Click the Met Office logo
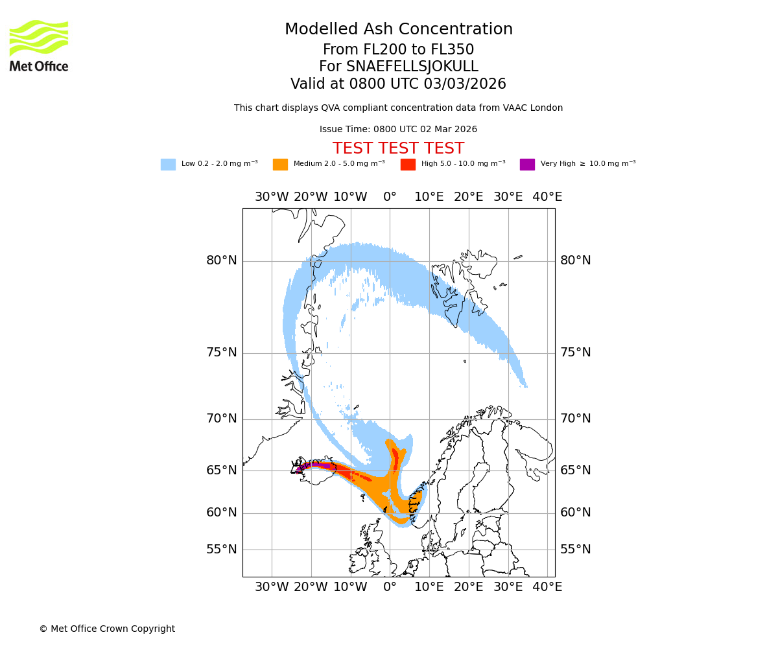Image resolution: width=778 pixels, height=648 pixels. coord(39,45)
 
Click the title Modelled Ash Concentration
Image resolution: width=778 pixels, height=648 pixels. coord(399,30)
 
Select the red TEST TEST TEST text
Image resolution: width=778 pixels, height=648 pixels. coord(398,148)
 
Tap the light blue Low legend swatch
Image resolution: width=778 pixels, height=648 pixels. coord(168,165)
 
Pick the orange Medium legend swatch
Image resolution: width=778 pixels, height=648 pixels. coord(280,165)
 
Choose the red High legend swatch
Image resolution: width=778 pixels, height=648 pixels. coord(408,165)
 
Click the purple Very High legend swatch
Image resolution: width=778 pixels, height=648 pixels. coord(527,165)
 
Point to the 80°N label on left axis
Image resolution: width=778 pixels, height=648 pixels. coord(222,260)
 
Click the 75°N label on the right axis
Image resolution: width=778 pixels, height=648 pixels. coord(576,353)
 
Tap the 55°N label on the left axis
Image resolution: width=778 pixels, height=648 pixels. coord(222,550)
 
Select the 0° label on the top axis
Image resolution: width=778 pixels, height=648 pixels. coord(390,197)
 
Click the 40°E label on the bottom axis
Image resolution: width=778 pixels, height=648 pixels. coord(547,587)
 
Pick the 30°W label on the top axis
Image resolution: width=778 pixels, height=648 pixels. coord(272,197)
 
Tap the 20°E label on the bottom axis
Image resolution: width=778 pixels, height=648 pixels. coord(468,587)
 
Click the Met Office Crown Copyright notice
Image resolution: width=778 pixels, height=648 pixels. coord(107,629)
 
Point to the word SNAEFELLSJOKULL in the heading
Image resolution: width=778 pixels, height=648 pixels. coord(412,67)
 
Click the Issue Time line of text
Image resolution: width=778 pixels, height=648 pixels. coord(398,130)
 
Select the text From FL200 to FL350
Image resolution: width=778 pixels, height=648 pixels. coord(398,50)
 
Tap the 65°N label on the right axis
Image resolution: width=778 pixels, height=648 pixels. coord(576,470)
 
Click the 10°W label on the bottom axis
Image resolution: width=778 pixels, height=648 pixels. coord(350,587)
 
